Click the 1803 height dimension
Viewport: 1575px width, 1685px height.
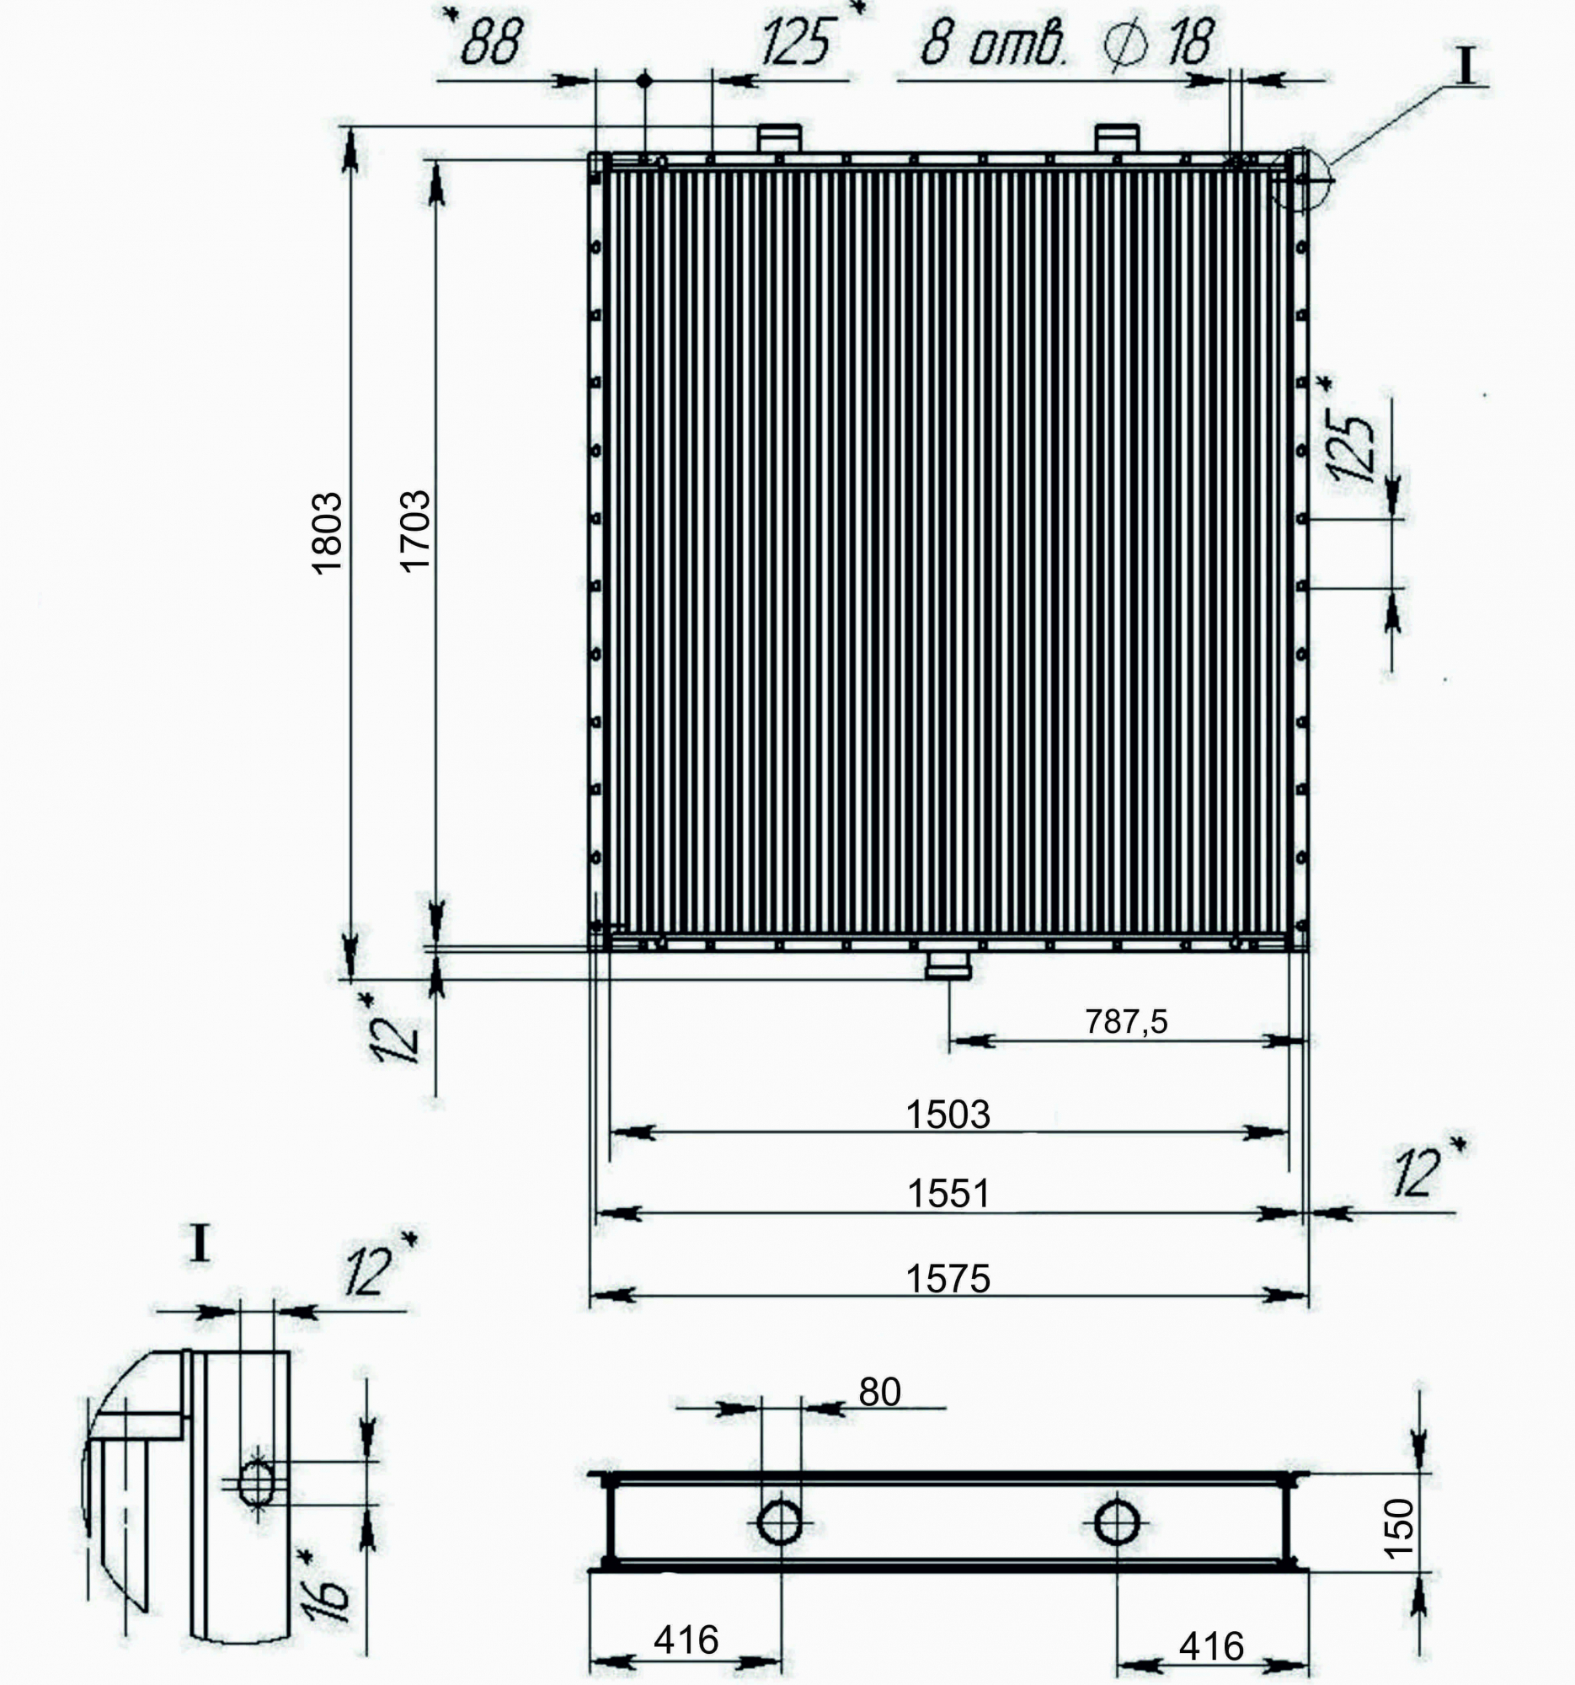point(327,533)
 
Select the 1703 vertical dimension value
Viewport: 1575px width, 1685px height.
point(415,532)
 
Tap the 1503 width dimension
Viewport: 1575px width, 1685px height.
point(948,1115)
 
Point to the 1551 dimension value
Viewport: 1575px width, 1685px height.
point(949,1193)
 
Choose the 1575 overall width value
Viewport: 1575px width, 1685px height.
point(948,1278)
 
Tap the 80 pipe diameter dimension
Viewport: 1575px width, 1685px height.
point(879,1392)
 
